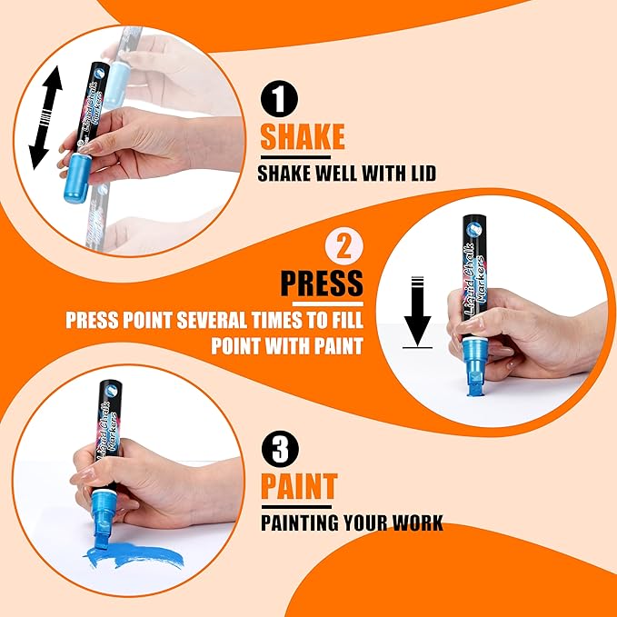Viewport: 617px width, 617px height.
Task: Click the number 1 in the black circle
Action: click(x=279, y=99)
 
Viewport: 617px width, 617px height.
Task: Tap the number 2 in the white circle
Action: click(x=344, y=247)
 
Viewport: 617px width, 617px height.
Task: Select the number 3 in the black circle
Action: click(x=280, y=449)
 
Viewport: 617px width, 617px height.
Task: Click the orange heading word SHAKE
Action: click(x=303, y=136)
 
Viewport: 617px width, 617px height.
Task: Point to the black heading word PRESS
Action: click(x=322, y=283)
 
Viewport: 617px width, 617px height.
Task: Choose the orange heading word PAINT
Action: click(x=299, y=486)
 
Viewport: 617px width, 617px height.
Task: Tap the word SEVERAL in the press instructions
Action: click(x=213, y=320)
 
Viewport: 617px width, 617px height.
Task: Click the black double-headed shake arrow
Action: click(x=45, y=117)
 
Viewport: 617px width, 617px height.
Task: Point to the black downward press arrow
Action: click(x=417, y=312)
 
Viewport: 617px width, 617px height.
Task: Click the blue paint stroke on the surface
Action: click(x=134, y=555)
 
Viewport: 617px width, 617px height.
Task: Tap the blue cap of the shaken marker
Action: click(x=76, y=179)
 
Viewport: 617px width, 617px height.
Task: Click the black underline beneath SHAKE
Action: click(x=295, y=157)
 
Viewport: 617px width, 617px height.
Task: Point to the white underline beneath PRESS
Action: click(x=328, y=304)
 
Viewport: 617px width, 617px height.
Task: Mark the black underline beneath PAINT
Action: click(x=296, y=507)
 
